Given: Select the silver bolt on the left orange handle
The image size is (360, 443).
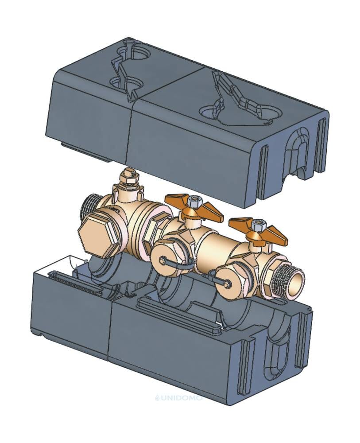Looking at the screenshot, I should click(x=194, y=202).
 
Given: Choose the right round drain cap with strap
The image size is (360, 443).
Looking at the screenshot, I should click(x=227, y=284).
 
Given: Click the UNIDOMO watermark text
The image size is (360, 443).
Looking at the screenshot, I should click(x=179, y=398).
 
